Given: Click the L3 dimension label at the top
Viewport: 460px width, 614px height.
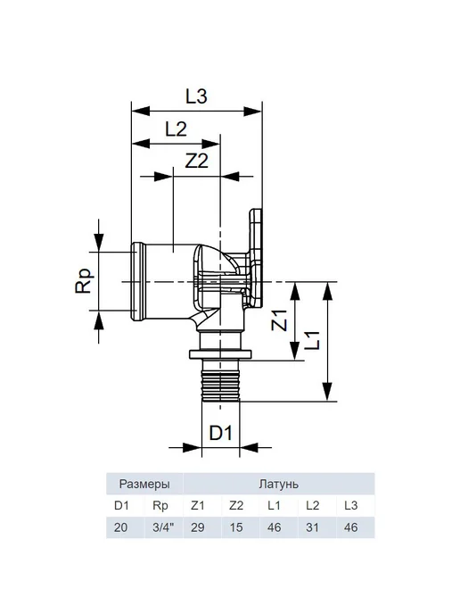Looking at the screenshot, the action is [196, 96].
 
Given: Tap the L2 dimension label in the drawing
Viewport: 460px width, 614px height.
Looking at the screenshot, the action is [176, 129].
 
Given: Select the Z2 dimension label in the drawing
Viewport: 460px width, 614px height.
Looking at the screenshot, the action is [197, 161].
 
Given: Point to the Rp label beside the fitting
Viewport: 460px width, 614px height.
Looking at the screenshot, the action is [85, 280].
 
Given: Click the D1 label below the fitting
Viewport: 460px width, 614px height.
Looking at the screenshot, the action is [221, 433].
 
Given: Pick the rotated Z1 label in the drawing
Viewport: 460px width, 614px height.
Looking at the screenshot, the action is [280, 320].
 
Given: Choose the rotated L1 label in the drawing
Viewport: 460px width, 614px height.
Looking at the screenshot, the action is [312, 341].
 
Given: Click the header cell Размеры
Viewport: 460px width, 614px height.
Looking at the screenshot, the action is [144, 484].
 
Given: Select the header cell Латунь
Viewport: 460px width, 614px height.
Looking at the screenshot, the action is [278, 484].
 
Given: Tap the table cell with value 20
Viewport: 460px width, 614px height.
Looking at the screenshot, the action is [121, 527].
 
